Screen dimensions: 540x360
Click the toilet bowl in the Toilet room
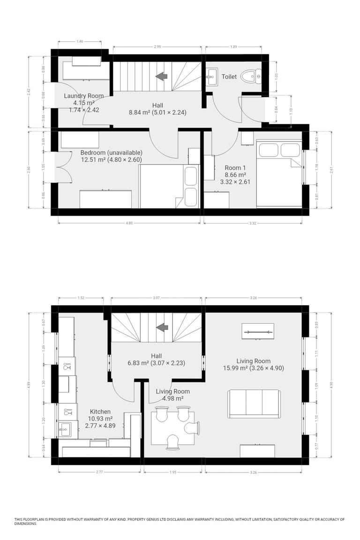[x=252, y=75]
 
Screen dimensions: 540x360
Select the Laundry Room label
[x=84, y=96]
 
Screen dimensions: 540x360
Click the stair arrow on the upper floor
[x=162, y=76]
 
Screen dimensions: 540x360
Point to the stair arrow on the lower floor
[x=162, y=327]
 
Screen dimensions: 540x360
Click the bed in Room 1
[x=278, y=173]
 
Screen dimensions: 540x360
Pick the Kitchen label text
[x=100, y=412]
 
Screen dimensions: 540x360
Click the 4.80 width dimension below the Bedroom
[x=129, y=223]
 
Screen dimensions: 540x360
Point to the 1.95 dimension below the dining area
[x=173, y=472]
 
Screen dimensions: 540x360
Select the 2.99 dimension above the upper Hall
[x=157, y=47]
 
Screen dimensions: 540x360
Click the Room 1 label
[x=235, y=167]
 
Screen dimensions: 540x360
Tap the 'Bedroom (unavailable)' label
[x=111, y=153]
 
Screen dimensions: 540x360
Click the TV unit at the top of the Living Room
[x=257, y=331]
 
